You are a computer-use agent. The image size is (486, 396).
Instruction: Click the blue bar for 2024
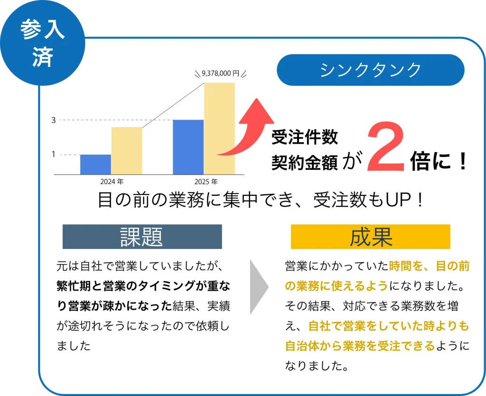click(95, 164)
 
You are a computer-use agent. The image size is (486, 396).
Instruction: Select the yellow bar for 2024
click(127, 151)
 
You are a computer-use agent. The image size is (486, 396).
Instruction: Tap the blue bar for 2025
click(188, 147)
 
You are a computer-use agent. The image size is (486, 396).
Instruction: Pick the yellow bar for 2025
click(219, 129)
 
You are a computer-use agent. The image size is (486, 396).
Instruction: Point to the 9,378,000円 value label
click(220, 73)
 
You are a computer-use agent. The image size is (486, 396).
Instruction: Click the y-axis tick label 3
click(54, 120)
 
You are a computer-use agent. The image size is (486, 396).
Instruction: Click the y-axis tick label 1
click(54, 154)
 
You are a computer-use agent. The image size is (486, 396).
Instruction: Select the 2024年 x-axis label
click(112, 182)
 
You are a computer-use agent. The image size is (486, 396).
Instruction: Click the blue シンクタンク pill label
click(370, 70)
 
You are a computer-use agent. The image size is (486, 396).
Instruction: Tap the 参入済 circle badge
click(42, 43)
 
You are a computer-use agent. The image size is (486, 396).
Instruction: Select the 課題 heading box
click(142, 237)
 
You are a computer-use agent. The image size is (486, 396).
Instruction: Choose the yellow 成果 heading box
click(370, 237)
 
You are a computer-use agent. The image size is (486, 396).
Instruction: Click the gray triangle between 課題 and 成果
click(259, 286)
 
